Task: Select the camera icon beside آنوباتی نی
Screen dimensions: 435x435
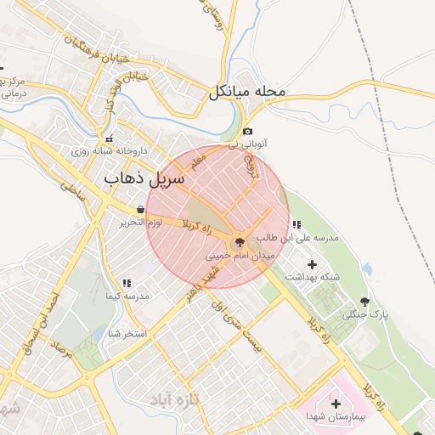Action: [x=247, y=131]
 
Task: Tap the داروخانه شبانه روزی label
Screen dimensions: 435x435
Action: [x=109, y=150]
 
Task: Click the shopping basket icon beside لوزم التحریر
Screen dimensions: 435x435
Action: [x=140, y=210]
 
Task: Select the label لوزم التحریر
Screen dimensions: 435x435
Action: [x=137, y=223]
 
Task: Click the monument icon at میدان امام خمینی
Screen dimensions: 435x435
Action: [x=237, y=242]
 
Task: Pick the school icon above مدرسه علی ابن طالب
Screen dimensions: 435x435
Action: [x=296, y=225]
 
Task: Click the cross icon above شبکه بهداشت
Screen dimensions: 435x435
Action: [x=311, y=264]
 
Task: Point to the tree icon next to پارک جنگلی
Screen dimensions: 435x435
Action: [x=365, y=301]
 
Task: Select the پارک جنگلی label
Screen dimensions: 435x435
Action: [x=364, y=314]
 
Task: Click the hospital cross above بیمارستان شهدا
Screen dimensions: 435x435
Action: [x=336, y=404]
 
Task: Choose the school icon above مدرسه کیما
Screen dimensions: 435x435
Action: [x=127, y=283]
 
